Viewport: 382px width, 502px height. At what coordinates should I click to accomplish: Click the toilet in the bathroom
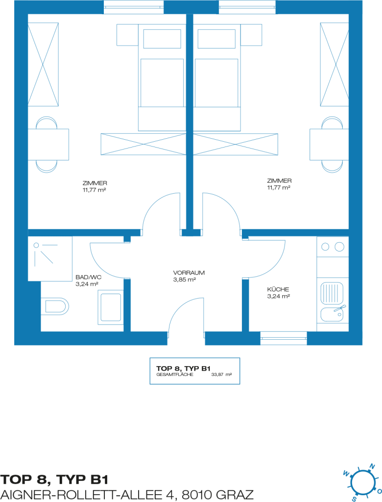pyautogui.click(x=55, y=306)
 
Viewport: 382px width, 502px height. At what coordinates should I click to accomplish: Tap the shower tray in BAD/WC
pyautogui.click(x=50, y=259)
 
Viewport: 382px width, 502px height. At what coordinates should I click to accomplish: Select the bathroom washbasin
pyautogui.click(x=111, y=307)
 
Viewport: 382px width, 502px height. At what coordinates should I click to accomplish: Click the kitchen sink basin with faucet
pyautogui.click(x=332, y=314)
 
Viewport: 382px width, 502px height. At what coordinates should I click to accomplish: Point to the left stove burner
pyautogui.click(x=325, y=247)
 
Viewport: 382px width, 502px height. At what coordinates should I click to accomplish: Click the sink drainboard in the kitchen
pyautogui.click(x=332, y=293)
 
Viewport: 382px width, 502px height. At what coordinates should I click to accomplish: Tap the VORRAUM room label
pyautogui.click(x=189, y=273)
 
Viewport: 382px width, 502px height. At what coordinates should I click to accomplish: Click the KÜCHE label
pyautogui.click(x=278, y=289)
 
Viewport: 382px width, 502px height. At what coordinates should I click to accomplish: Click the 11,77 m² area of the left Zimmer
pyautogui.click(x=95, y=190)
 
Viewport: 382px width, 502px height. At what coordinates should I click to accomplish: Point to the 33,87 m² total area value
pyautogui.click(x=221, y=374)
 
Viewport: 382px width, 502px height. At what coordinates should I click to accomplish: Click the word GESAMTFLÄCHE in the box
pyautogui.click(x=175, y=374)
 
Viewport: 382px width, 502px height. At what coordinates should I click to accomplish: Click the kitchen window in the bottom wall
pyautogui.click(x=284, y=338)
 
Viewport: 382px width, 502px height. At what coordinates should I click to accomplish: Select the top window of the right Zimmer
pyautogui.click(x=247, y=7)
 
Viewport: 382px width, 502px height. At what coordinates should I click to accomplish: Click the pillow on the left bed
pyautogui.click(x=162, y=39)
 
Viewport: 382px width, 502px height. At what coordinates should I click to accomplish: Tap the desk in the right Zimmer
pyautogui.click(x=329, y=145)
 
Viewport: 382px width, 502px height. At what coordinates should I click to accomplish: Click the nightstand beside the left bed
pyautogui.click(x=127, y=35)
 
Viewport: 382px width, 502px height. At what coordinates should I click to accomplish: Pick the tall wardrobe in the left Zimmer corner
pyautogui.click(x=43, y=64)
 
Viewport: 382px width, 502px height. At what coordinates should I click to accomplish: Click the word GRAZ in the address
pyautogui.click(x=234, y=495)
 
